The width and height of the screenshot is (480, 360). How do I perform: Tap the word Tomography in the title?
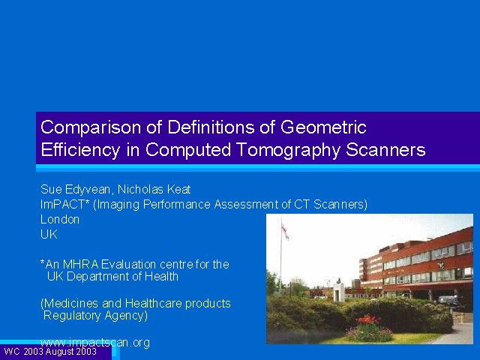click(288, 151)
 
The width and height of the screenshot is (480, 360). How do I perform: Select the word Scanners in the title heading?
click(385, 150)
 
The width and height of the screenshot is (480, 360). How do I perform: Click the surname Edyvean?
click(88, 190)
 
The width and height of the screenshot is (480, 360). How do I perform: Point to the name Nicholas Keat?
click(154, 190)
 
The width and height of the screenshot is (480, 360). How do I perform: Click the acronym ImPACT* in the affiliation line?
click(64, 204)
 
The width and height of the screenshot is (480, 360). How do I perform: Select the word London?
click(60, 220)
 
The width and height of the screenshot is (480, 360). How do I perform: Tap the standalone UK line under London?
click(49, 234)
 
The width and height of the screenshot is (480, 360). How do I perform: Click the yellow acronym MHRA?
click(81, 264)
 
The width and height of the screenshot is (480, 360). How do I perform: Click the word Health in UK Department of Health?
click(161, 277)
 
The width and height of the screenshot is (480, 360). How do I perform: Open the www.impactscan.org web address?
click(95, 343)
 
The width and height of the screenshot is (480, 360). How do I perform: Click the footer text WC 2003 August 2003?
click(50, 352)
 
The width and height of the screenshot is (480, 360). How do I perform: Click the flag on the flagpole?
click(285, 231)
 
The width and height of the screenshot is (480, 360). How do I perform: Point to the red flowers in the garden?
click(369, 320)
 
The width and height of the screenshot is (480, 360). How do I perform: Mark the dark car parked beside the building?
click(451, 301)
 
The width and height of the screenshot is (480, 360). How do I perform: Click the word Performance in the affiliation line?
click(177, 204)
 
